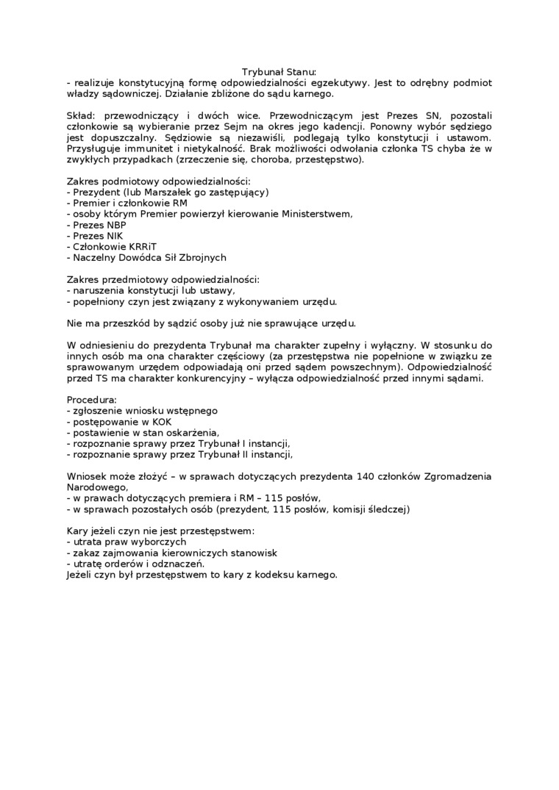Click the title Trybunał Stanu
pyautogui.click(x=279, y=72)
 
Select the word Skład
pyautogui.click(x=79, y=115)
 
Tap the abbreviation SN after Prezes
pyautogui.click(x=431, y=115)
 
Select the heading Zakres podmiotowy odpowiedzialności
pyautogui.click(x=158, y=181)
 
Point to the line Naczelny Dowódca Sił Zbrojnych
pyautogui.click(x=146, y=257)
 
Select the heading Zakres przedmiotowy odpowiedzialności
pyautogui.click(x=163, y=279)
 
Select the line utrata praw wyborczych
pyautogui.click(x=126, y=541)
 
